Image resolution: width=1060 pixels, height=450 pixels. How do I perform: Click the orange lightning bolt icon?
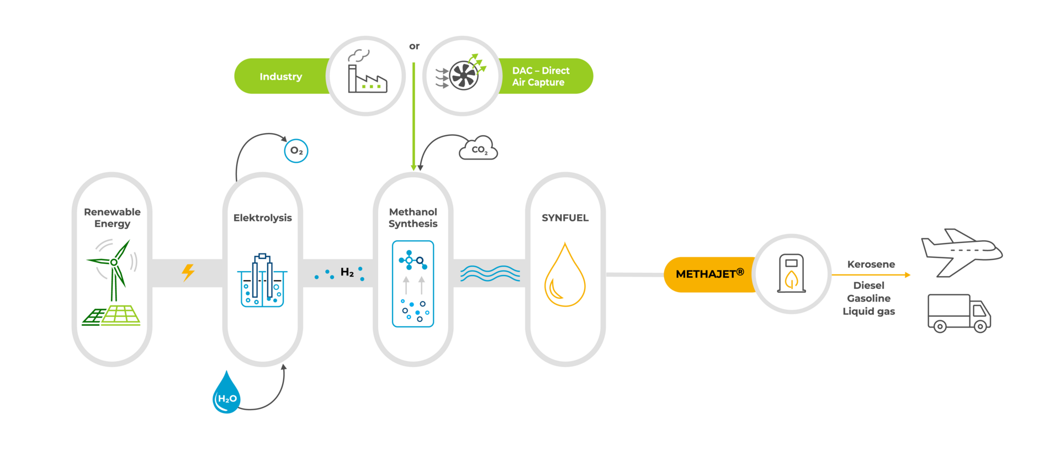[x=188, y=272]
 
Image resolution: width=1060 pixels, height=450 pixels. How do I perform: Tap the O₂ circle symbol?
[x=296, y=151]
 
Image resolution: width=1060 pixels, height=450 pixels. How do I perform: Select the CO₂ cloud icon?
[x=479, y=149]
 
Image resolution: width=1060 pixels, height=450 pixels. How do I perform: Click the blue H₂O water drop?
[x=226, y=394]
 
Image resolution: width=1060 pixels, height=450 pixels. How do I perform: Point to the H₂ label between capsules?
[x=347, y=272]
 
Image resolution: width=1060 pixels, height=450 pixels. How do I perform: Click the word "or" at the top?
[x=414, y=46]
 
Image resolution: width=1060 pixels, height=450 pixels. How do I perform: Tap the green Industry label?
[x=280, y=77]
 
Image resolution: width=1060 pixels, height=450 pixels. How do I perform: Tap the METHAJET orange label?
[x=709, y=274]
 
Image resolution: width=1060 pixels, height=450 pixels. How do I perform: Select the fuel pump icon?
[x=791, y=273]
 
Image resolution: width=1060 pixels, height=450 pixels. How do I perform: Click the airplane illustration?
[x=961, y=251]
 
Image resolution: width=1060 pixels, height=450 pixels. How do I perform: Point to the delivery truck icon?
[x=958, y=313]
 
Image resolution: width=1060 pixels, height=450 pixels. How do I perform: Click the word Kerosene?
[x=871, y=264]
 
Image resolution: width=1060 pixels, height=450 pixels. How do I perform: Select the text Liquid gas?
[x=868, y=311]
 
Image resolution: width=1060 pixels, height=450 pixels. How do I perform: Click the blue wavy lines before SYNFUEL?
[x=490, y=273]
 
